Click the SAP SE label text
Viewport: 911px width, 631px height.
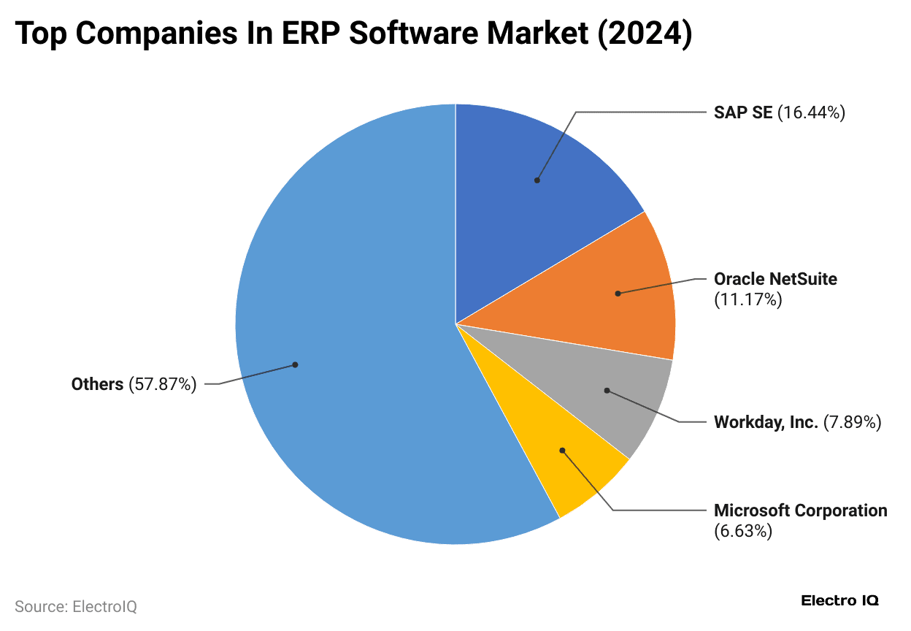click(742, 112)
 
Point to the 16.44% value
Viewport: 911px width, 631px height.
click(811, 112)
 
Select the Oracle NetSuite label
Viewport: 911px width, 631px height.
click(775, 279)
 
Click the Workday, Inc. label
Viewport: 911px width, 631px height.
click(766, 422)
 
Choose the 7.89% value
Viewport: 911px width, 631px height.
click(852, 422)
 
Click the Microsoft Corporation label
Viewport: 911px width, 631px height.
click(800, 510)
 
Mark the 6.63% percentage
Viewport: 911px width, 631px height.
click(742, 531)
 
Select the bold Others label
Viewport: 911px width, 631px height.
click(97, 384)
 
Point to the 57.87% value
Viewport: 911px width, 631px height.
click(163, 384)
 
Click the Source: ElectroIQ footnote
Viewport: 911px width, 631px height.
click(76, 606)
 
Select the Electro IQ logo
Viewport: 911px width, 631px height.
click(839, 601)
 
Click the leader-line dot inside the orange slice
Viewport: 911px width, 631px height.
click(618, 294)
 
